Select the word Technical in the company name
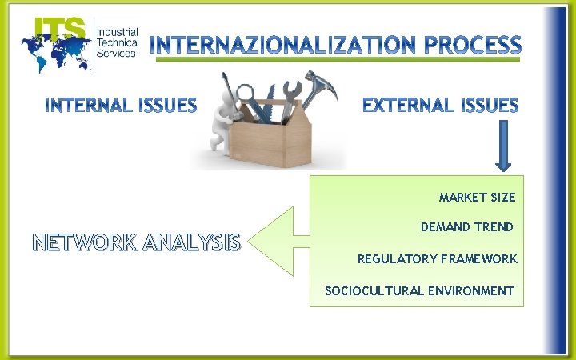coord(117,42)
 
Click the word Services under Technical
coord(115,53)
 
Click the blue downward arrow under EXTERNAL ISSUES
coord(503,146)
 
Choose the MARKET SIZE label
coord(477,197)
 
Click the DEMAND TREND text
coord(466,227)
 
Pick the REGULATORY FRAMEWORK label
coord(437,259)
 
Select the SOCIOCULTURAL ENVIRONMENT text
coord(419,290)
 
